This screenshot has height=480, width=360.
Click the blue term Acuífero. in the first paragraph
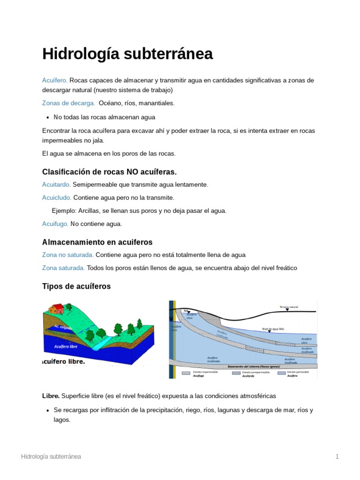pos(55,80)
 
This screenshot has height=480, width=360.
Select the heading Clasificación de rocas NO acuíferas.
pos(109,172)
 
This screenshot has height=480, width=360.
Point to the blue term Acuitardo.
pos(56,185)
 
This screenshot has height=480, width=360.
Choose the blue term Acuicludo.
pos(57,198)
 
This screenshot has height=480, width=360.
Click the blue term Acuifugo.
pos(55,224)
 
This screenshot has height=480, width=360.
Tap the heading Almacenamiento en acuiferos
pos(97,242)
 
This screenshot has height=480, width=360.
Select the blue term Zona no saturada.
pos(68,255)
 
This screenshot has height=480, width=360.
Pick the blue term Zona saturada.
pos(63,268)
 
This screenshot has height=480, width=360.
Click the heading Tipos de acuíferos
pos(76,286)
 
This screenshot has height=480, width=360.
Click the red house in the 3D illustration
pos(57,308)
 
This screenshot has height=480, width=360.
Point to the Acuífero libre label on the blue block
pos(66,347)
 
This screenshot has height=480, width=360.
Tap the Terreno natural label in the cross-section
pos(289,307)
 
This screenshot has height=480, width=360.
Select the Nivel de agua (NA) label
pos(273,329)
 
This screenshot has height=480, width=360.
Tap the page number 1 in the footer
pos(337,457)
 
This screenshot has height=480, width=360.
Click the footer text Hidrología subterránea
pos(51,457)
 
